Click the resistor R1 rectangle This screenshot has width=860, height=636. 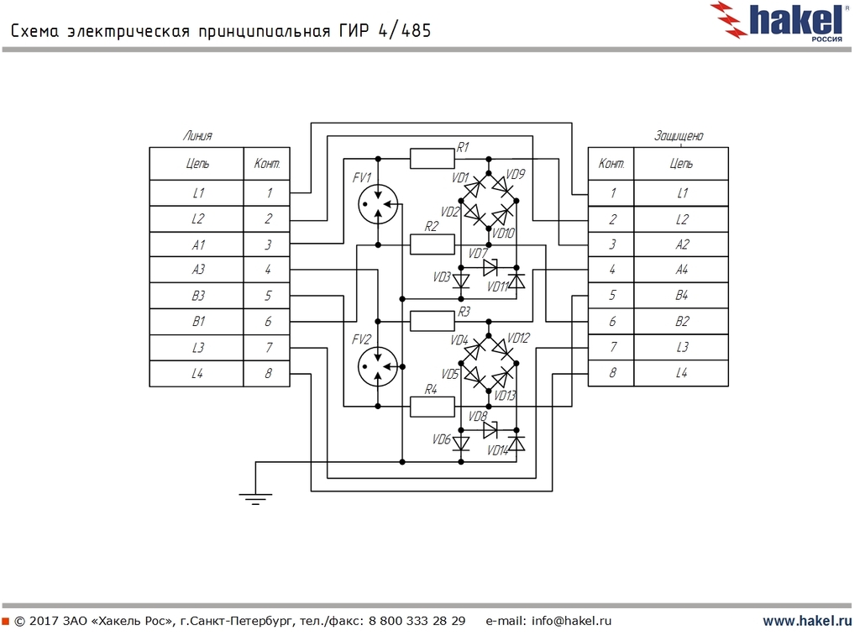click(x=433, y=158)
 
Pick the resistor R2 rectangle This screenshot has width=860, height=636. click(x=433, y=244)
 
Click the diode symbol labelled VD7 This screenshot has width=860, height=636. click(x=491, y=267)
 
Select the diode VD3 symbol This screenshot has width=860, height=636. click(x=460, y=281)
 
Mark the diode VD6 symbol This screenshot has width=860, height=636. click(x=460, y=443)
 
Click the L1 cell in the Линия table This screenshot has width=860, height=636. click(x=197, y=193)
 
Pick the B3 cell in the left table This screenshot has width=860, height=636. click(x=197, y=297)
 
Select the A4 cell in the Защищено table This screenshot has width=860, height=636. click(x=681, y=271)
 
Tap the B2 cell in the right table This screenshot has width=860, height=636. click(x=681, y=322)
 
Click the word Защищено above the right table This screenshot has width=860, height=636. click(x=679, y=136)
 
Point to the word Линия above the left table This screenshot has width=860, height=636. click(x=197, y=135)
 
